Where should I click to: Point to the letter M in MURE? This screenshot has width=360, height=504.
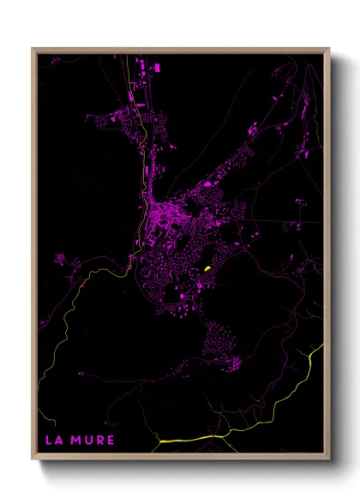(x=77, y=440)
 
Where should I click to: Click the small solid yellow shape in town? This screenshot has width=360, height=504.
(x=206, y=269)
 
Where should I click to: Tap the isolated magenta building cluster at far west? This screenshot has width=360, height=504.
(x=59, y=259)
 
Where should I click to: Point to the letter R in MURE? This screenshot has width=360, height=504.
(x=100, y=440)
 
